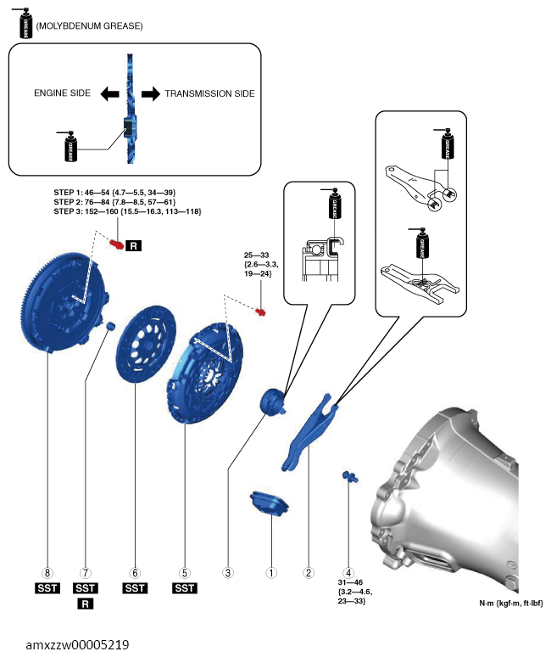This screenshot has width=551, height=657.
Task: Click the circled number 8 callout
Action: [x=47, y=573]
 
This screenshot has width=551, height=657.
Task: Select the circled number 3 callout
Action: [x=228, y=573]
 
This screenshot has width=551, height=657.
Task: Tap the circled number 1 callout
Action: [x=271, y=573]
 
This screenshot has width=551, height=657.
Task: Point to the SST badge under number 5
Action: [x=185, y=588]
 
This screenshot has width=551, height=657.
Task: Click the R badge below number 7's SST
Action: [x=86, y=604]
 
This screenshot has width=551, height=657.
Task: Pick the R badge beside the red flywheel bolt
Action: [x=133, y=245]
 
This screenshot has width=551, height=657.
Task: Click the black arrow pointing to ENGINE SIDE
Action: [x=109, y=93]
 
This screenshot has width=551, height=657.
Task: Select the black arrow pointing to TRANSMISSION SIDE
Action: [x=151, y=93]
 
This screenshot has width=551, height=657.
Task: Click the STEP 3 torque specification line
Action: [x=127, y=211]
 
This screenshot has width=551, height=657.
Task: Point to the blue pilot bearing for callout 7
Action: [x=110, y=326]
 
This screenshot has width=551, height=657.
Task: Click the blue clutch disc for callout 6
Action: [x=146, y=345]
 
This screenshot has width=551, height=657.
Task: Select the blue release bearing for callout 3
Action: [x=272, y=401]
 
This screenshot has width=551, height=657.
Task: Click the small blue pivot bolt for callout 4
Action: [x=350, y=476]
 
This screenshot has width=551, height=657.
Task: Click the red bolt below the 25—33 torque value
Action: [x=260, y=312]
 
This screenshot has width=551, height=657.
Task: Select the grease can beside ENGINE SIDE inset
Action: [x=70, y=146]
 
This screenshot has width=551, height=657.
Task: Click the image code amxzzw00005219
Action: [x=77, y=644]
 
